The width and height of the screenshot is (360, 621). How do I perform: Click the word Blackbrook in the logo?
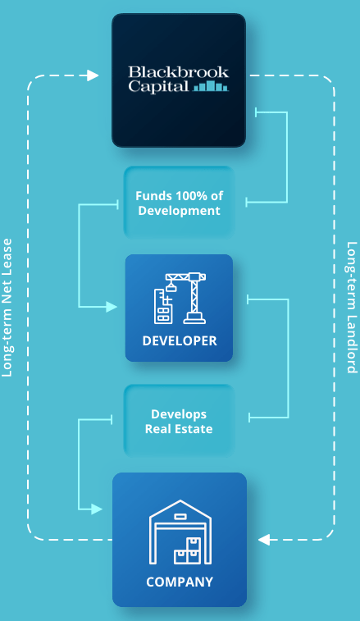pyautogui.click(x=179, y=72)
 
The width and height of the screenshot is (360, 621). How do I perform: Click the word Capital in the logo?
pyautogui.click(x=158, y=87)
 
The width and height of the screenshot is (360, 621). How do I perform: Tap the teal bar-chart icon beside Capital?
pyautogui.click(x=211, y=86)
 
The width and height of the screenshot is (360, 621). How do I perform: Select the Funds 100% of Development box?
pyautogui.click(x=180, y=203)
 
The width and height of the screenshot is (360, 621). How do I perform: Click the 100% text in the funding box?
pyautogui.click(x=185, y=195)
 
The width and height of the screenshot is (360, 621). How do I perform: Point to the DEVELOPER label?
pyautogui.click(x=180, y=341)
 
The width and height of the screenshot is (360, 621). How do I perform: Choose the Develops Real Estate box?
pyautogui.click(x=180, y=421)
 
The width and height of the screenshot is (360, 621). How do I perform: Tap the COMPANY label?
pyautogui.click(x=180, y=582)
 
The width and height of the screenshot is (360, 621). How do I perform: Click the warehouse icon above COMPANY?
pyautogui.click(x=180, y=532)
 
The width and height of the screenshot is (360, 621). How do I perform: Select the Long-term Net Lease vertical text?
pyautogui.click(x=7, y=308)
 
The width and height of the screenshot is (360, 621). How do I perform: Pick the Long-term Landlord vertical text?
pyautogui.click(x=352, y=308)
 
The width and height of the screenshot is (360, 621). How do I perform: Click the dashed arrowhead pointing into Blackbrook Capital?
pyautogui.click(x=93, y=75)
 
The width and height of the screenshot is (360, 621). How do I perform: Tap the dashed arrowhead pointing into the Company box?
pyautogui.click(x=264, y=540)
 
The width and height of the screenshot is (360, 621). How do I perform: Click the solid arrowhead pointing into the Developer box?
pyautogui.click(x=112, y=307)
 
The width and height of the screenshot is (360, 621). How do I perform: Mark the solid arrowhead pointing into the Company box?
pyautogui.click(x=97, y=509)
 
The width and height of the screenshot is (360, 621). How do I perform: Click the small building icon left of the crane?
pyautogui.click(x=162, y=306)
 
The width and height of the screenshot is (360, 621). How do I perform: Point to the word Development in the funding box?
pyautogui.click(x=179, y=210)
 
